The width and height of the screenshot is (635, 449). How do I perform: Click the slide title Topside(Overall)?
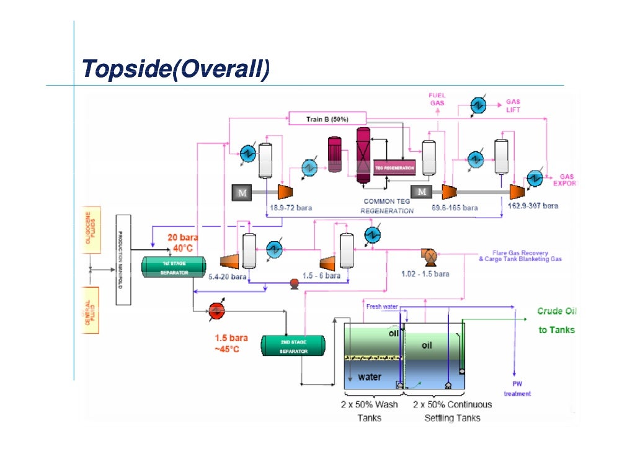[176, 69]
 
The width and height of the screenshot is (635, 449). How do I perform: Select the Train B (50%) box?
[327, 118]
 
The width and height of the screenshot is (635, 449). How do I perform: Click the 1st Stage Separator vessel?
[173, 267]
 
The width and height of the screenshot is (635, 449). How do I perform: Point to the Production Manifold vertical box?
[123, 259]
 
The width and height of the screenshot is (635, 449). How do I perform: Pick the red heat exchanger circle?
[217, 309]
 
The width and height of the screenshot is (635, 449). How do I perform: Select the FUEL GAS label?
[437, 99]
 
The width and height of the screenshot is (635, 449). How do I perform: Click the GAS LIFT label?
[513, 105]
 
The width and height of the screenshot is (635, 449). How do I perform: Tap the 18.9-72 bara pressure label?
[290, 208]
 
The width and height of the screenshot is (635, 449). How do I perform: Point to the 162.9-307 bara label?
[533, 205]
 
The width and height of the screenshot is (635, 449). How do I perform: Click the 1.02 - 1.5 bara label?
[425, 273]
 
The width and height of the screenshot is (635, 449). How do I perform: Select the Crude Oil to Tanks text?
[556, 321]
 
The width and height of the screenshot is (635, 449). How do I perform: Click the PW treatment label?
[517, 388]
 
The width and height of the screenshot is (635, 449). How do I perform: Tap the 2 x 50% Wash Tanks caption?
[370, 411]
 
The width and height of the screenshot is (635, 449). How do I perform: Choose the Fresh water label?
[382, 306]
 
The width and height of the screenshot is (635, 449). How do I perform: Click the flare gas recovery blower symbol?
[429, 254]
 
